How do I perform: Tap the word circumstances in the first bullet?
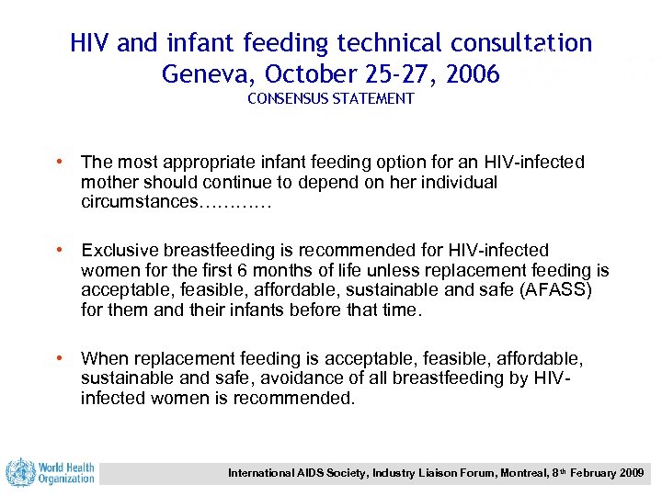pyautogui.click(x=139, y=201)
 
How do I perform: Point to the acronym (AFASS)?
pyautogui.click(x=561, y=289)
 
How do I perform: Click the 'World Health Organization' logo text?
pyautogui.click(x=66, y=472)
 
